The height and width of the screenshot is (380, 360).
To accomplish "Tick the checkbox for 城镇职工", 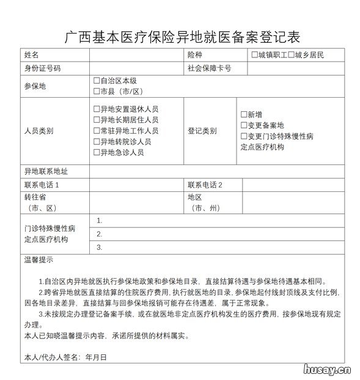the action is coord(254,55).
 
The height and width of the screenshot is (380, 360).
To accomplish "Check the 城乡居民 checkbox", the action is coord(292,55).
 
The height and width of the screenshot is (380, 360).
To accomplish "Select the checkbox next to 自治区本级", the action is coord(97,81).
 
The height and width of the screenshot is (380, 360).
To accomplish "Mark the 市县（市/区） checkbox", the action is coord(97,92).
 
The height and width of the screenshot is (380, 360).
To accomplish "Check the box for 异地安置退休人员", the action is coord(97,109).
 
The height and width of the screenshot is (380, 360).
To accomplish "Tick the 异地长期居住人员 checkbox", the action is coord(97,120).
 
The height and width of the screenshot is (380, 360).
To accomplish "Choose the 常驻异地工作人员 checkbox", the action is coord(97,131).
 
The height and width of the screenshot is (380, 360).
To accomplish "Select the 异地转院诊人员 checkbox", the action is coord(97,142).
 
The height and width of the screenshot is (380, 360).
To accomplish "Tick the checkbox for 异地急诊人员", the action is coord(97,152).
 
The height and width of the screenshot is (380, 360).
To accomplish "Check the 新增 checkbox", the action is coord(244,114).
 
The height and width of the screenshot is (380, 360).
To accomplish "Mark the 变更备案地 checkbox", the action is coord(244,125).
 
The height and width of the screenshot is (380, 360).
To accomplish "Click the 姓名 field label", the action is coord(31,55).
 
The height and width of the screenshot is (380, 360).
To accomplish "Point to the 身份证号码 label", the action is coord(42,68).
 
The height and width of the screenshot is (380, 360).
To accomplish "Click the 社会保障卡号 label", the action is coord(209,68).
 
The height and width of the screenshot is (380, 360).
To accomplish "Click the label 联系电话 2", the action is coord(205,185).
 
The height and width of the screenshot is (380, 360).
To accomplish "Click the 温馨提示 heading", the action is coord(38,260).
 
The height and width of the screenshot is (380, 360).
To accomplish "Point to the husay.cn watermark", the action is coord(326,368).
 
